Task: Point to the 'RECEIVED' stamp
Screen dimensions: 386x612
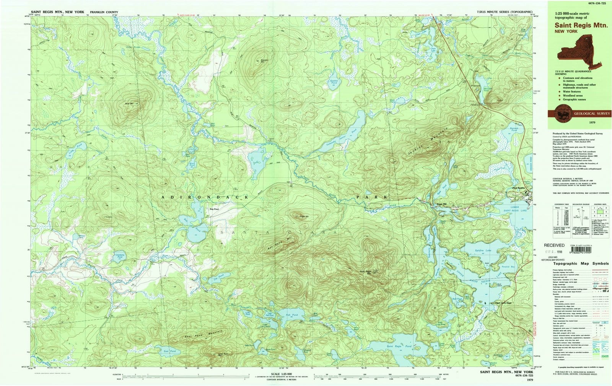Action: pyautogui.click(x=554, y=245)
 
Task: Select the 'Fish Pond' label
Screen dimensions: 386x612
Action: pyautogui.click(x=291, y=315)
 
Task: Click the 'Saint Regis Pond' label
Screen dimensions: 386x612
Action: pyautogui.click(x=399, y=346)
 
